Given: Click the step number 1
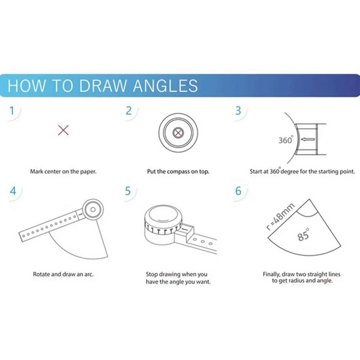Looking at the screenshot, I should [x=12, y=111].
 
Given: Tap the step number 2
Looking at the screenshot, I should [x=129, y=111].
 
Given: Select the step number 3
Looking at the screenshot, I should [x=238, y=111].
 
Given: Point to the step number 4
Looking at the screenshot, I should [x=13, y=191].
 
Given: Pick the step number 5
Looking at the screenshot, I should [x=128, y=191].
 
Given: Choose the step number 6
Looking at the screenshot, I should [x=238, y=191].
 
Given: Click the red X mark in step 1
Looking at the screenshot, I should [x=63, y=131].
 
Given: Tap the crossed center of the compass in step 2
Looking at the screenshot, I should [x=179, y=133].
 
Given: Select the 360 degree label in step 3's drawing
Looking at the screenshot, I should [x=285, y=140].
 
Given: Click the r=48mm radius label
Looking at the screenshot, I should [x=280, y=216].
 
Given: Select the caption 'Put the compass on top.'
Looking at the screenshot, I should [x=178, y=171].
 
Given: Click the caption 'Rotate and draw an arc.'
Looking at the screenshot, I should [x=63, y=274].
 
